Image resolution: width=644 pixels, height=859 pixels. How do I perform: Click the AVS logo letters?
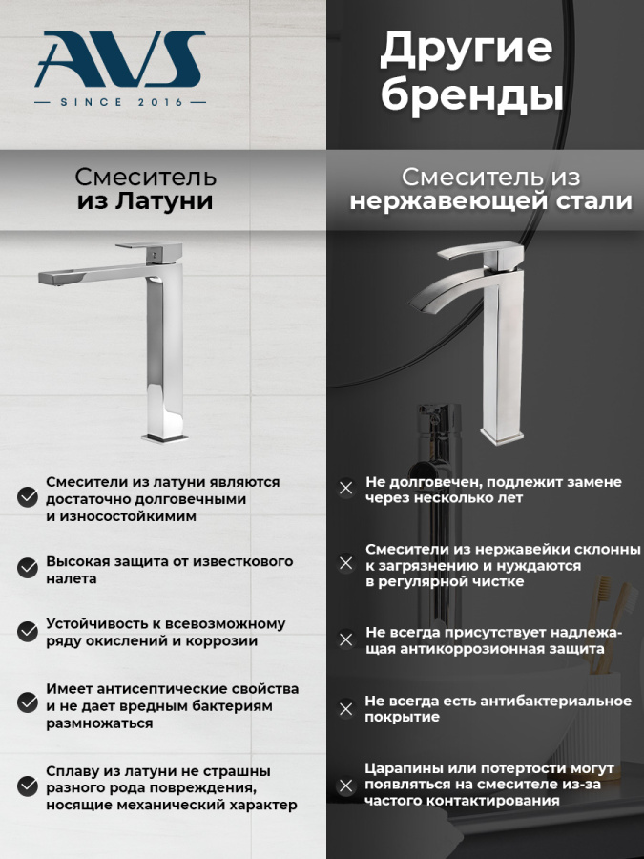pyautogui.click(x=119, y=59)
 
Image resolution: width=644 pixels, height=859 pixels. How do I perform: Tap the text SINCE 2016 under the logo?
pyautogui.click(x=119, y=101)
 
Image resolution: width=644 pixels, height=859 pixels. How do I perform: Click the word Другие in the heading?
pyautogui.click(x=466, y=50)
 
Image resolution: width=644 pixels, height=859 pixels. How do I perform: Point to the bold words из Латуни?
pyautogui.click(x=145, y=202)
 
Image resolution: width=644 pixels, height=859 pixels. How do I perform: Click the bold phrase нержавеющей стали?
pyautogui.click(x=490, y=202)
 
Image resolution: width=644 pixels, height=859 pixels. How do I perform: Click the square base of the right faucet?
pyautogui.click(x=503, y=436)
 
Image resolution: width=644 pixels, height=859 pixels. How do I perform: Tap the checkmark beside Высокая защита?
pyautogui.click(x=28, y=568)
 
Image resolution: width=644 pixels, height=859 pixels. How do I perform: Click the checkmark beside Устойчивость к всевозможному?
pyautogui.click(x=28, y=631)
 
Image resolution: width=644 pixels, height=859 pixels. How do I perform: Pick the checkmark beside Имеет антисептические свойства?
pyautogui.click(x=28, y=703)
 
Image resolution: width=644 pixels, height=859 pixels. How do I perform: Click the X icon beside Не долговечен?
pyautogui.click(x=346, y=489)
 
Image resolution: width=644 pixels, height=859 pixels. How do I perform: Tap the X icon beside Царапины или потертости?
pyautogui.click(x=346, y=786)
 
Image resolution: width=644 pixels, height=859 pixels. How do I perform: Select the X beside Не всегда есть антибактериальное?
pyautogui.click(x=346, y=709)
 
